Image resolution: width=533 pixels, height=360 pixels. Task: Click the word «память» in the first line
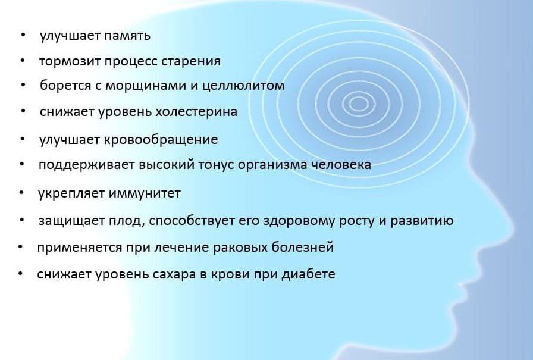tap(127, 36)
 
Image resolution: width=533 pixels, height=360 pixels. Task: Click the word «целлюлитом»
tap(243, 85)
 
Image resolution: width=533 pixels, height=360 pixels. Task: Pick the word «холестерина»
tap(196, 112)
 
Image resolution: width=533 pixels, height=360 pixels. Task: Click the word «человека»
tap(341, 165)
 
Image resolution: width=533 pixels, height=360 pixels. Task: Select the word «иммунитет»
tap(145, 193)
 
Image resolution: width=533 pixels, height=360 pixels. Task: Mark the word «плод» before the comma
tap(125, 221)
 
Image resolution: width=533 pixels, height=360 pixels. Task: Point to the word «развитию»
tap(422, 221)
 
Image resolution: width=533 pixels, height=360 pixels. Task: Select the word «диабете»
tap(309, 274)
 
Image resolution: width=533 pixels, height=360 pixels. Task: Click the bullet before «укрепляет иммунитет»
tap(22, 193)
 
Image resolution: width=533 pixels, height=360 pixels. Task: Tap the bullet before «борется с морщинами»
tap(23, 84)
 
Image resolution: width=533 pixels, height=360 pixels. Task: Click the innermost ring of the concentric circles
tap(359, 104)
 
